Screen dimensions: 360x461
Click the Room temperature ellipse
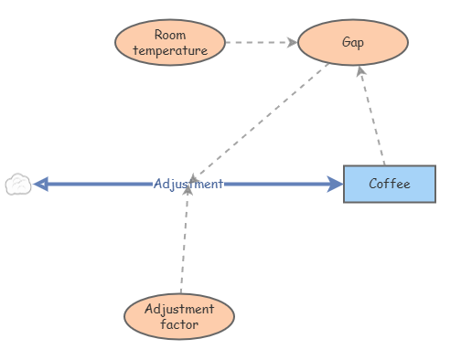pyautogui.click(x=170, y=43)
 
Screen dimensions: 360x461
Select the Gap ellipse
pyautogui.click(x=353, y=43)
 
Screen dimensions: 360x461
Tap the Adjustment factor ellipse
pyautogui.click(x=179, y=316)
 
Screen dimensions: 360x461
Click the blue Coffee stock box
pyautogui.click(x=390, y=184)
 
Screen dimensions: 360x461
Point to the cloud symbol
pyautogui.click(x=17, y=185)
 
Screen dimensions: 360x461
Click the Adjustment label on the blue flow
pyautogui.click(x=188, y=184)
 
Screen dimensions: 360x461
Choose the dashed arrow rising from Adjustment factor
pyautogui.click(x=184, y=242)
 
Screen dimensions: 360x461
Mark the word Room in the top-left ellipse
pyautogui.click(x=170, y=36)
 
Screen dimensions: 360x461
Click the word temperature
pyautogui.click(x=170, y=50)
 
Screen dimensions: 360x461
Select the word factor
pyautogui.click(x=179, y=323)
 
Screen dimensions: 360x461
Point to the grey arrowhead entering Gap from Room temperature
pyautogui.click(x=292, y=42)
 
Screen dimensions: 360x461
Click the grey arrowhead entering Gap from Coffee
pyautogui.click(x=361, y=71)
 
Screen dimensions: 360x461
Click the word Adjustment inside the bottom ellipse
pyautogui.click(x=179, y=309)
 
